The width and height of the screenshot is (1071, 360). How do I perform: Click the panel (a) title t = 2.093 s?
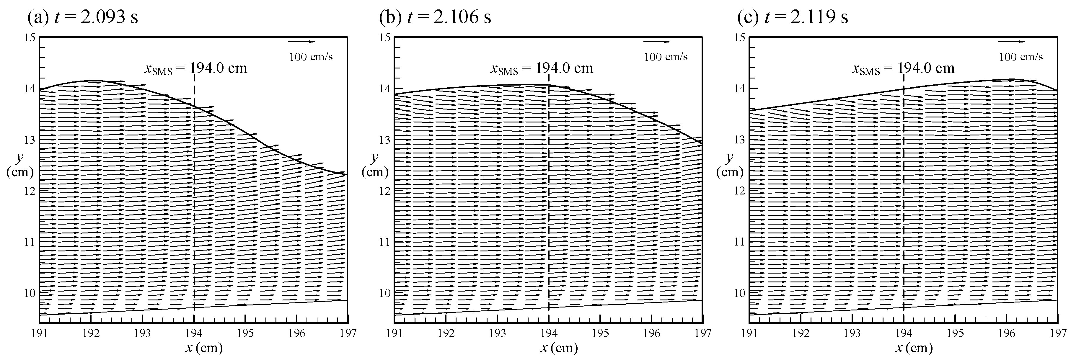tap(82, 17)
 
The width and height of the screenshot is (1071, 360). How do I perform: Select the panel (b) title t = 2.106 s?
tap(435, 17)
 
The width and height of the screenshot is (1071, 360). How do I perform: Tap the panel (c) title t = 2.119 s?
tap(793, 17)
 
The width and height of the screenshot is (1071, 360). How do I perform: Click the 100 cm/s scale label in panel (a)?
tap(311, 57)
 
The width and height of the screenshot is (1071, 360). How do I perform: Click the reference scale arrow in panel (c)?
tap(1012, 42)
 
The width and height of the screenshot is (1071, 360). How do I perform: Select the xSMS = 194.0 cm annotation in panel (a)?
tap(195, 68)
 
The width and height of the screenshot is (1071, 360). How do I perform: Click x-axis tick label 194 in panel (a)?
tap(194, 333)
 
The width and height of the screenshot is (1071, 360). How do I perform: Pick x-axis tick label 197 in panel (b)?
tap(703, 333)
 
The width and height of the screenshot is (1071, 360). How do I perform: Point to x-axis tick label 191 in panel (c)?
tap(749, 333)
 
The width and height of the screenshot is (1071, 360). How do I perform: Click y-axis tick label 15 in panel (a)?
tap(30, 37)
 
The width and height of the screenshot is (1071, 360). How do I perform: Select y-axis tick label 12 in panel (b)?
tap(385, 191)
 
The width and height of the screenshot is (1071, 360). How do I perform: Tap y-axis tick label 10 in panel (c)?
tap(740, 293)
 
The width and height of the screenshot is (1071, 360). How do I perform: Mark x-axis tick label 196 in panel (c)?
tap(1006, 333)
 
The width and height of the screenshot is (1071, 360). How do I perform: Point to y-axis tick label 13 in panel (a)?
tap(30, 140)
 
